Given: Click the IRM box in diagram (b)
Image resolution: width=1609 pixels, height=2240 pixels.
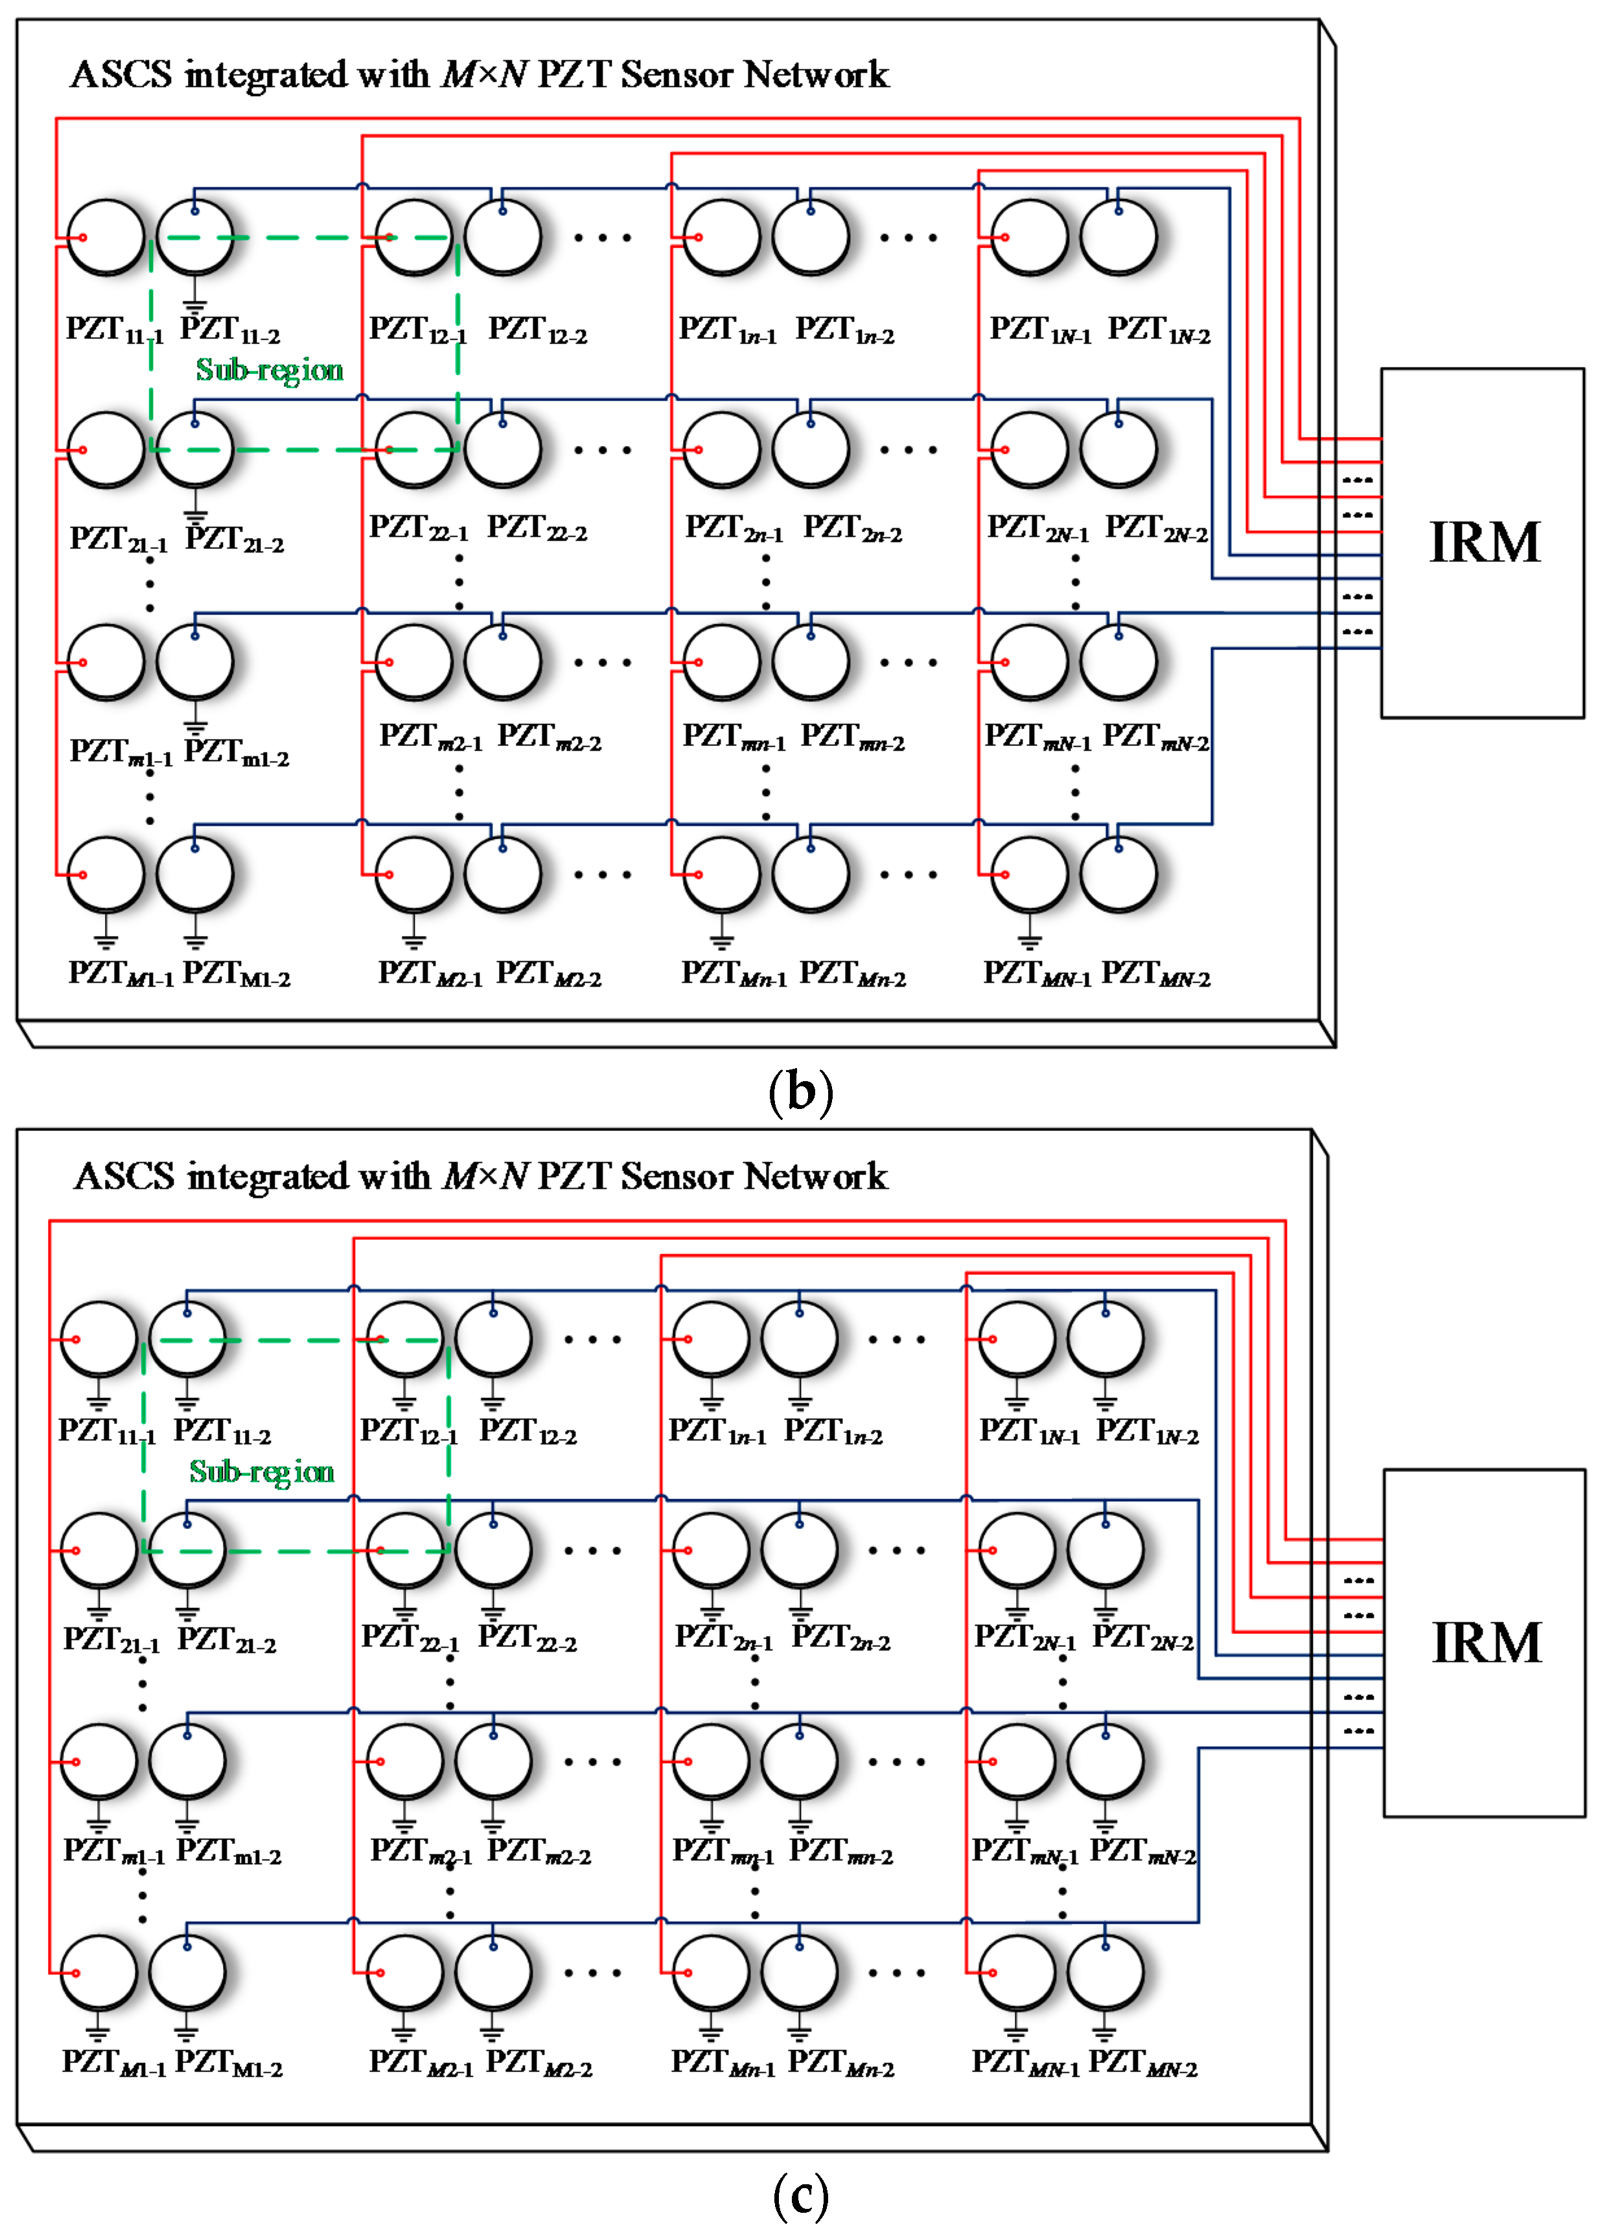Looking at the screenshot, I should point(1481,542).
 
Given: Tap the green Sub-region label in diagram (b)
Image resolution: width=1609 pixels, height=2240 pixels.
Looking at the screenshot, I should point(270,370).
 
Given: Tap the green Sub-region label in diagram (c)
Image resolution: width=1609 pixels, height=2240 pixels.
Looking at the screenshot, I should point(262,1471).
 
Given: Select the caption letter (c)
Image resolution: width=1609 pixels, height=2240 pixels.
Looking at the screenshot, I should point(800,2195).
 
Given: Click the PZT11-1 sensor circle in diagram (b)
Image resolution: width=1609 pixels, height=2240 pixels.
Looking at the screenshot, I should point(106,237).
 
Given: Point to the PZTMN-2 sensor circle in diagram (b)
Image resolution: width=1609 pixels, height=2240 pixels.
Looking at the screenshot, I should point(1118,874).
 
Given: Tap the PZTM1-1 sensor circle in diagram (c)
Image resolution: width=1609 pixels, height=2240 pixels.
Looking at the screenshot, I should point(98,1972).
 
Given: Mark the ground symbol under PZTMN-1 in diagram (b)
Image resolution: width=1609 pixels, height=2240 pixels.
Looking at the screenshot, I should point(1029,939).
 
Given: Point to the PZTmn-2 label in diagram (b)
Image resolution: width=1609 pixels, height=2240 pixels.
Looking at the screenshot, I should point(851,737).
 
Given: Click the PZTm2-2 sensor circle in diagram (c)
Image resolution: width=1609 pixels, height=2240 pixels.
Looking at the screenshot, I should point(494,1761).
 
